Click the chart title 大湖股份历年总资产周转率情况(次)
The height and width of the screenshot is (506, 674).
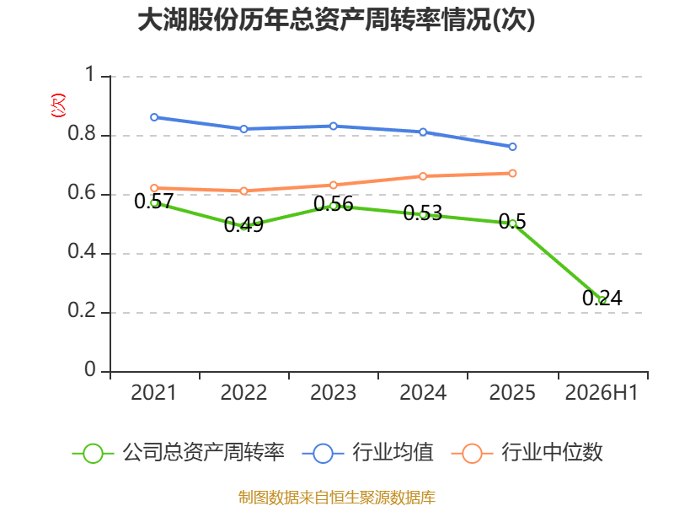pos(336,20)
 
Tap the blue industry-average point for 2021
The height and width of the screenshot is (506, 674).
pos(154,117)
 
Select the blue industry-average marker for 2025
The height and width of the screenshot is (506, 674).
pos(512,147)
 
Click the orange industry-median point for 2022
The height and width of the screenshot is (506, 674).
pos(243,191)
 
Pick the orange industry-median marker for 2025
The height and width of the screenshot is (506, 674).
pos(512,174)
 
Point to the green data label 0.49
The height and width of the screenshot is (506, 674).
pos(243,224)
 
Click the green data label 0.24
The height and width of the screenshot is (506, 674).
pos(602,298)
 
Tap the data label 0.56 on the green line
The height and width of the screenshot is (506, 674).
pos(334,204)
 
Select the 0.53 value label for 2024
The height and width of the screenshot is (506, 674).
pos(423,213)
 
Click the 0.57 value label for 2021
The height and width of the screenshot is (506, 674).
pos(154,201)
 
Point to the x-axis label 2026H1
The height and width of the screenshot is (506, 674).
pos(602,392)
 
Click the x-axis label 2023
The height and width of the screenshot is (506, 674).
pos(334,392)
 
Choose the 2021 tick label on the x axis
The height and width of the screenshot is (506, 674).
pos(154,392)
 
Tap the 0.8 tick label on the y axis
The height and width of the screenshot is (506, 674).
pos(82,133)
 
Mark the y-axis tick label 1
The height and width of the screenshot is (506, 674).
pos(90,74)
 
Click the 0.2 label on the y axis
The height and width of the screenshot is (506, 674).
pos(82,310)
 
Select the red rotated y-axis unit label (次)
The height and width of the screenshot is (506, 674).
pos(58,105)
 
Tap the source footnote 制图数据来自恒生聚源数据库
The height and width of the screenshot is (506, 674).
pos(337,498)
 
